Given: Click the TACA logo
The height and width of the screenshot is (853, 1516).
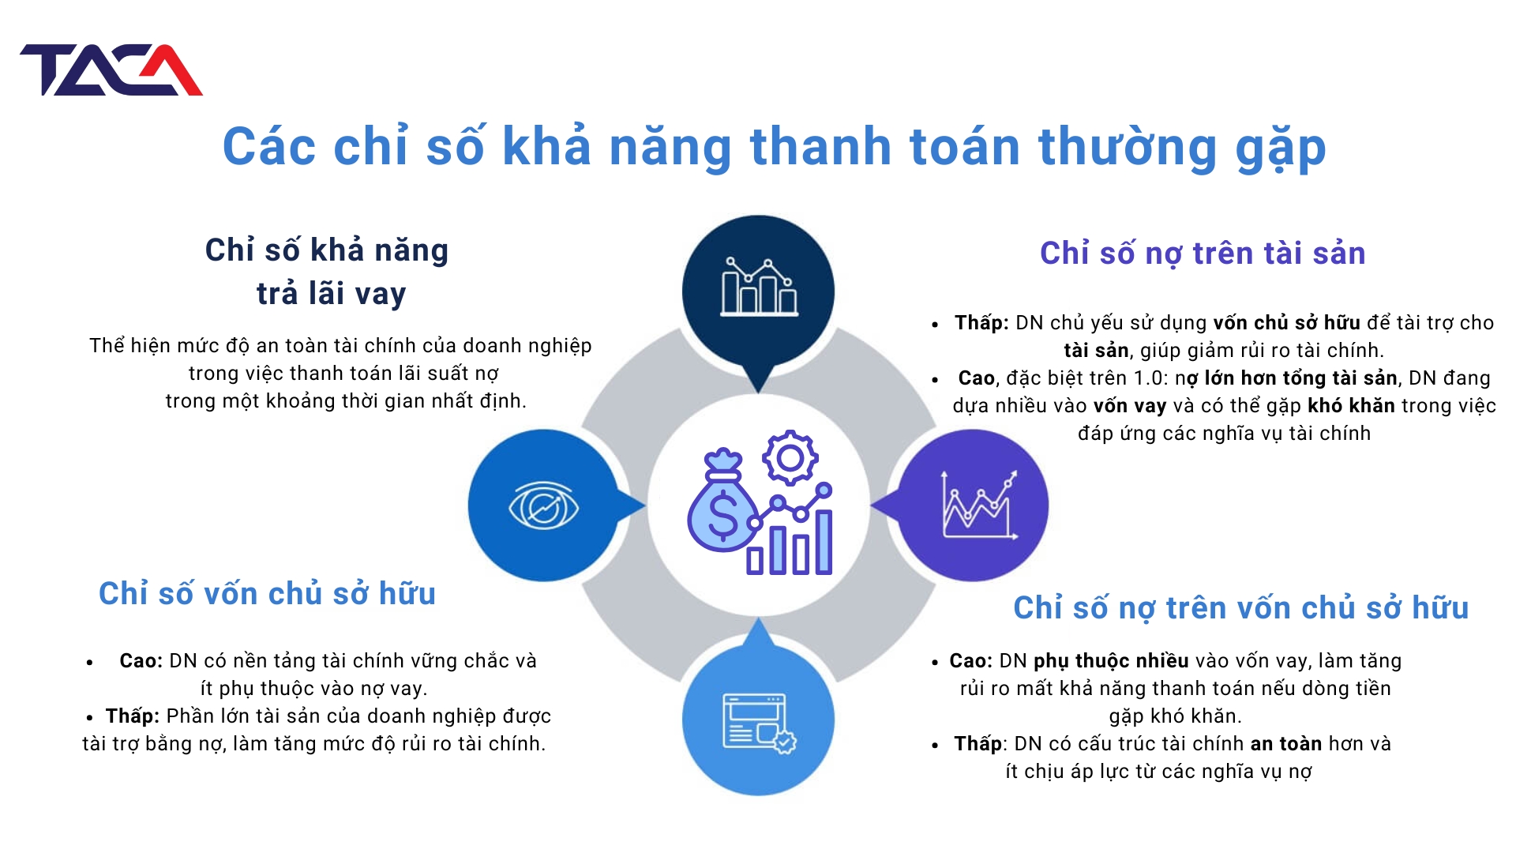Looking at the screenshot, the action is click(111, 70).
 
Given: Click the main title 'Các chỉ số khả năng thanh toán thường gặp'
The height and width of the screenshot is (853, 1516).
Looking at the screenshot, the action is click(774, 148).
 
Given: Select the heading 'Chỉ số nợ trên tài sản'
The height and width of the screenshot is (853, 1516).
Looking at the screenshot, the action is click(1203, 254).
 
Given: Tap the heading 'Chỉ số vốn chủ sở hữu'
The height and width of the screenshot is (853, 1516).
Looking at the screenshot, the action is click(267, 594).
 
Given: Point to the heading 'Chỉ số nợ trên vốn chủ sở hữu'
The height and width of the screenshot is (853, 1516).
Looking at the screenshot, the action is click(1241, 608).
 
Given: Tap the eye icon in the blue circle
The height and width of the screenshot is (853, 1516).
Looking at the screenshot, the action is click(544, 506).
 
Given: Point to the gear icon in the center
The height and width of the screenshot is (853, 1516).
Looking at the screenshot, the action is click(790, 457).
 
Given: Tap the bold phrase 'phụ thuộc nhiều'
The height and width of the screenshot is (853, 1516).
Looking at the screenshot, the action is click(1111, 662).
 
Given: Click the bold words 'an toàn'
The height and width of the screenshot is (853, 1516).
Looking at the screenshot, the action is click(1286, 744).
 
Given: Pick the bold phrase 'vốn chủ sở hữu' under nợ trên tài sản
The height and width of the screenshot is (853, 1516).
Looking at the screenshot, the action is click(1287, 323).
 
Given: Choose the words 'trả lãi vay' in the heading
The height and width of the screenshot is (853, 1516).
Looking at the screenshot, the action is click(332, 294).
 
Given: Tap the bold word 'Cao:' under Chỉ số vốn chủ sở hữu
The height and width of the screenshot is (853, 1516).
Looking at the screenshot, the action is click(141, 661).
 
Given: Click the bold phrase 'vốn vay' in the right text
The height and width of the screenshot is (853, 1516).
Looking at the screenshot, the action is click(1130, 406).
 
